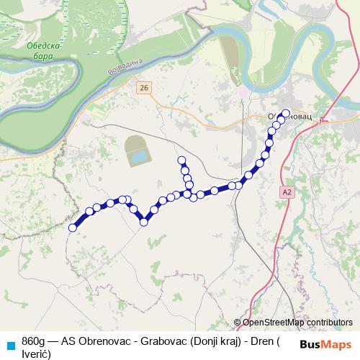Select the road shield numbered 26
(x=145, y=87)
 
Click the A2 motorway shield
(x=288, y=192)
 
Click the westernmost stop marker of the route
(x=72, y=228)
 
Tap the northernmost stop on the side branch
(x=181, y=160)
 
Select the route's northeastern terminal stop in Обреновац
(x=286, y=113)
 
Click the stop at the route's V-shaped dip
(x=144, y=222)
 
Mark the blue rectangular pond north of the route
(x=138, y=155)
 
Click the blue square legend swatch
(x=9, y=341)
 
